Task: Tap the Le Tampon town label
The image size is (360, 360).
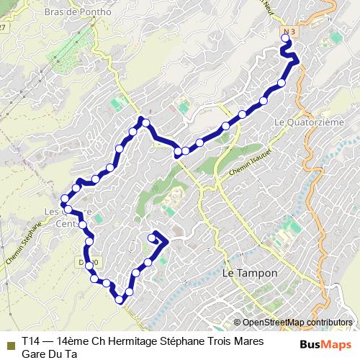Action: click(250, 274)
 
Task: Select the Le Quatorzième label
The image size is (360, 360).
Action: click(309, 122)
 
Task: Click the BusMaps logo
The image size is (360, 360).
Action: click(325, 343)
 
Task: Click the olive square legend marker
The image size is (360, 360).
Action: click(9, 343)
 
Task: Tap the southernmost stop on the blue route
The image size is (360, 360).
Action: click(120, 300)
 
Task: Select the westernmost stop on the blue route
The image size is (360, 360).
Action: click(65, 199)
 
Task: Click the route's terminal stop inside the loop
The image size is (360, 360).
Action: click(152, 238)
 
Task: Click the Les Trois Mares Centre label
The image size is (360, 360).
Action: click(68, 217)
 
